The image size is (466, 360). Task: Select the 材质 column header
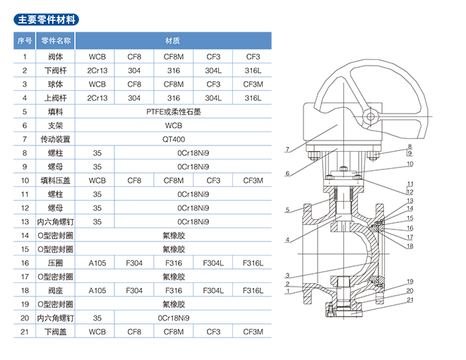173,40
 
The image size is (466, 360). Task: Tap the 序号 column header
25,40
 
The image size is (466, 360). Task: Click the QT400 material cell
173,139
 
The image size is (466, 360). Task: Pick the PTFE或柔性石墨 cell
173,112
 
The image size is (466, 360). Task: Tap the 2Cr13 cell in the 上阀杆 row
97,97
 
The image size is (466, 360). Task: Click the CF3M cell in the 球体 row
253,84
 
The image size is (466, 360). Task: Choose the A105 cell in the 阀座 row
97,290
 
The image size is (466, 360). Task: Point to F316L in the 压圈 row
253,263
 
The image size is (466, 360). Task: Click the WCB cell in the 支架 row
173,125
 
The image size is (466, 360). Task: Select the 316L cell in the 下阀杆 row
253,70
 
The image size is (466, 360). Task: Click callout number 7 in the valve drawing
288,149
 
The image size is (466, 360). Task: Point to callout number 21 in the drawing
409,299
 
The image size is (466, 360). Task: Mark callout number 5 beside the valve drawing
288,210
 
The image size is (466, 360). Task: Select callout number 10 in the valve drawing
409,164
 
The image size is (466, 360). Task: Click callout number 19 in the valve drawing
409,282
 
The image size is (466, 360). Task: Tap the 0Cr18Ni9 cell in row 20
173,318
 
